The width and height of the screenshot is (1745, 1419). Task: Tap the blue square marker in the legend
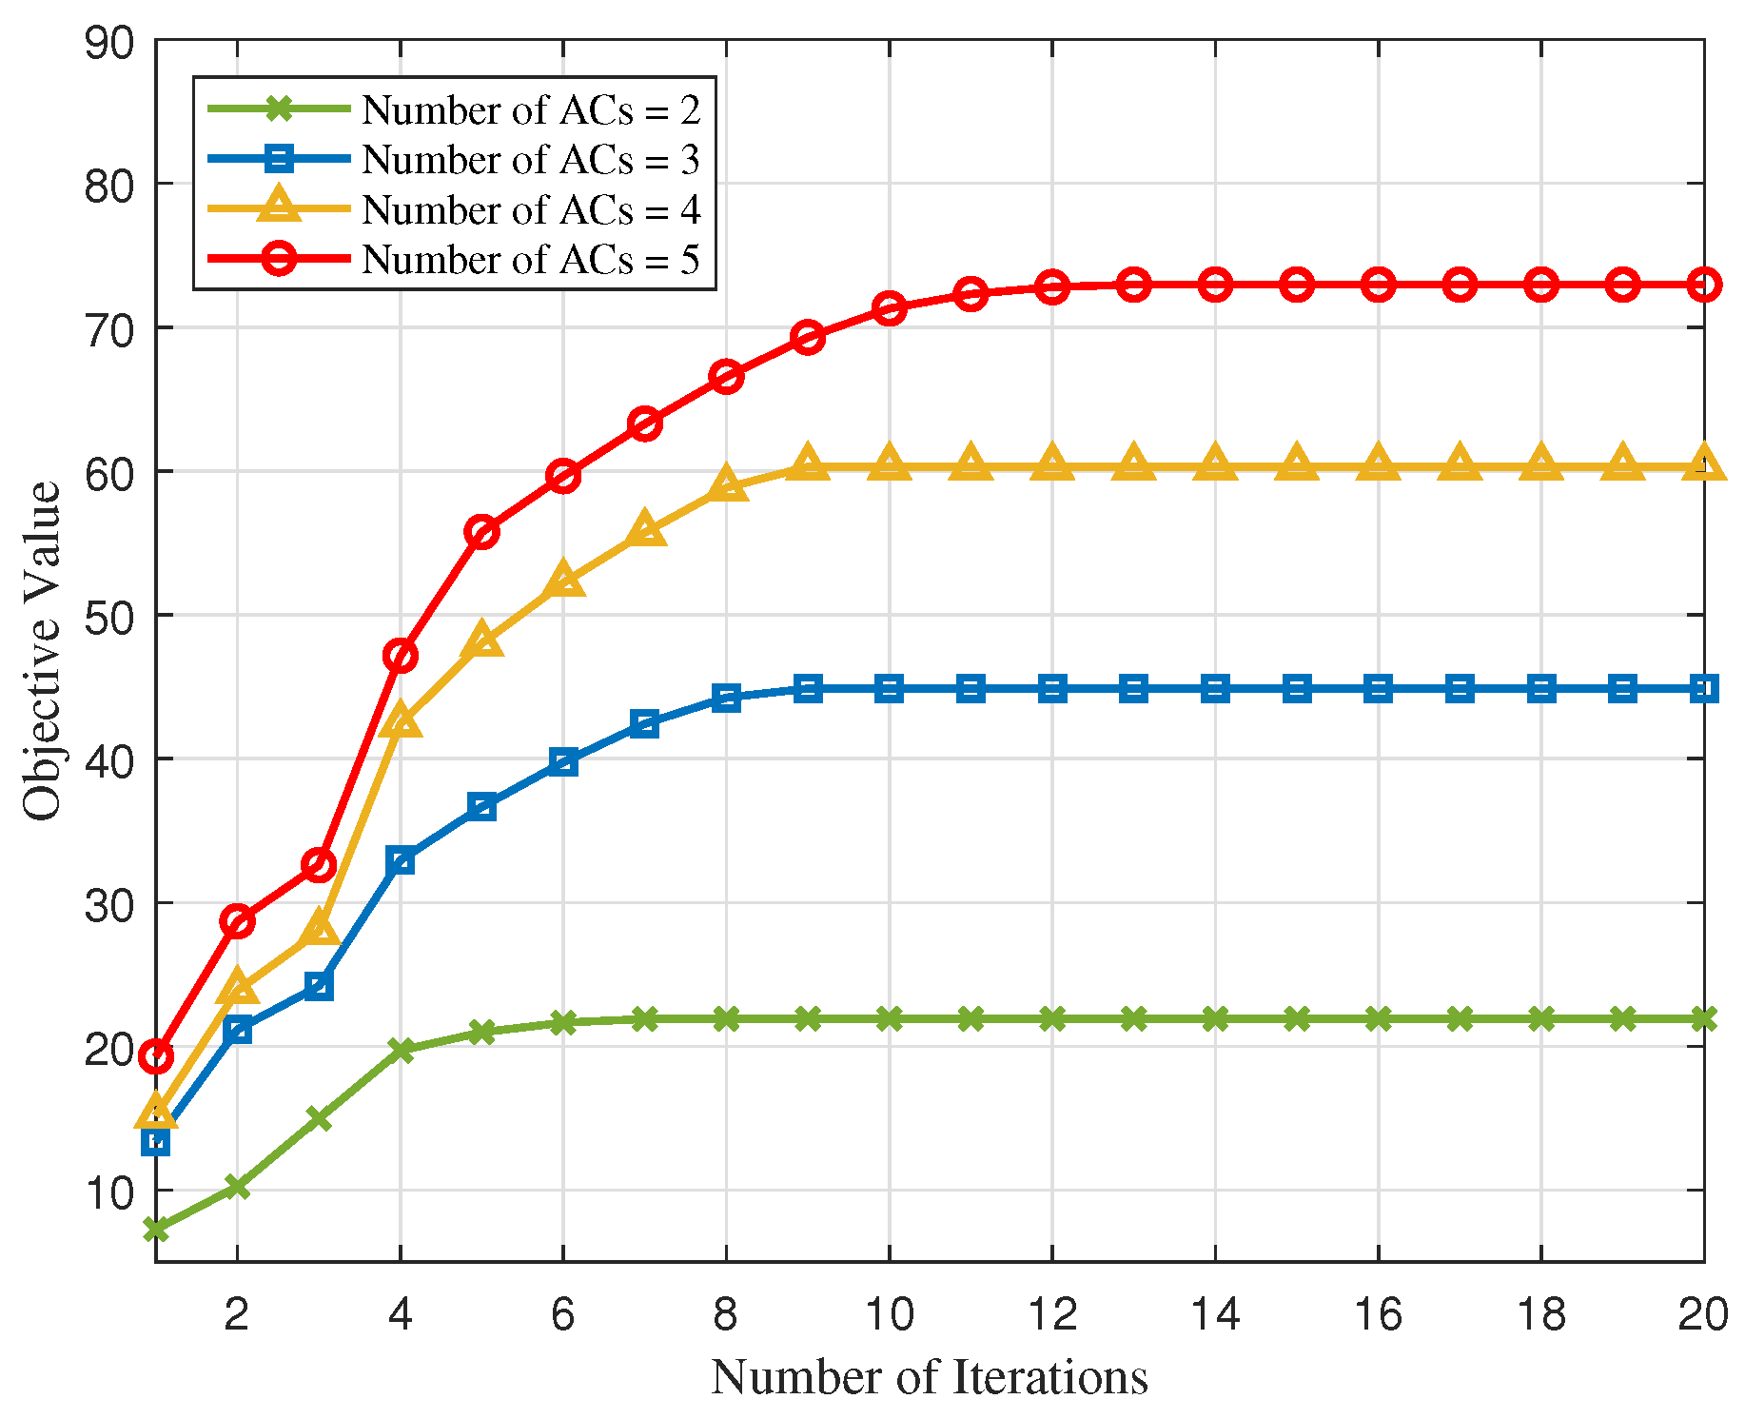pos(279,159)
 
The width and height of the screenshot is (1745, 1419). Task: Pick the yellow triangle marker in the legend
pos(279,207)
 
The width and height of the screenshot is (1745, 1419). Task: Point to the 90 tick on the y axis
pos(109,43)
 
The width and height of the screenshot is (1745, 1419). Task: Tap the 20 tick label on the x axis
pos(1701,1315)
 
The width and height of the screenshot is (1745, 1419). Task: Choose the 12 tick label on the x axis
pos(1052,1315)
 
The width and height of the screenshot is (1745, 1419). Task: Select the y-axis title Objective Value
pos(41,651)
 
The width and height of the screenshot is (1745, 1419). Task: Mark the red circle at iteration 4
pos(401,656)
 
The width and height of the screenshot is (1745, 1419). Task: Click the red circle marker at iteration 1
pos(156,1056)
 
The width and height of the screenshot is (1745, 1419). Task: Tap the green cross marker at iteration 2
pos(237,1186)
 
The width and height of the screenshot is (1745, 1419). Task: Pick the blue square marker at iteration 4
pos(401,861)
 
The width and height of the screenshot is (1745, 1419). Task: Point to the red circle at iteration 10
pos(890,308)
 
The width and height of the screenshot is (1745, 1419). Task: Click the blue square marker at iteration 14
pos(1215,688)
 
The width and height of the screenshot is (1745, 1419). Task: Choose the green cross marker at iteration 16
pos(1379,1019)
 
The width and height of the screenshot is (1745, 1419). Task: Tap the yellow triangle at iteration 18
pos(1541,463)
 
